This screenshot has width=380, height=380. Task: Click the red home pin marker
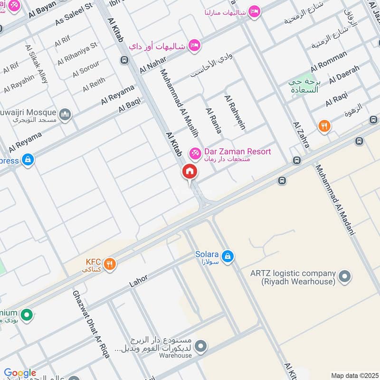tap(189, 172)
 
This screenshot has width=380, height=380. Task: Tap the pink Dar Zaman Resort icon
tap(194, 153)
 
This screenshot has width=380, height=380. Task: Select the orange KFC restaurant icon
tap(110, 264)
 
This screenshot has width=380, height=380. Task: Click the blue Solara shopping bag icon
tap(228, 256)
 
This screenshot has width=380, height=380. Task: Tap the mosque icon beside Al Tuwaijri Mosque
tap(65, 114)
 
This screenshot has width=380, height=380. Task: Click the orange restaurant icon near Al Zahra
tap(324, 126)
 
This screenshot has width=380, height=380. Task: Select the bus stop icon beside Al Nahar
tap(124, 60)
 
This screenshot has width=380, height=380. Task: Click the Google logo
tap(20, 373)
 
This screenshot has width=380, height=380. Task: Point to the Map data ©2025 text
tap(354, 375)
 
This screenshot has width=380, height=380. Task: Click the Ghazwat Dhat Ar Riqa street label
tap(91, 323)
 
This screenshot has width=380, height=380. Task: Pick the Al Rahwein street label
tap(235, 112)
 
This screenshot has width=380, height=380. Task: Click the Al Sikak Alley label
tap(37, 64)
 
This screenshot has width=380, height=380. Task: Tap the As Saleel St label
tap(74, 15)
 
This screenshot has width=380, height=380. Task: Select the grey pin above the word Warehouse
tap(201, 345)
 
